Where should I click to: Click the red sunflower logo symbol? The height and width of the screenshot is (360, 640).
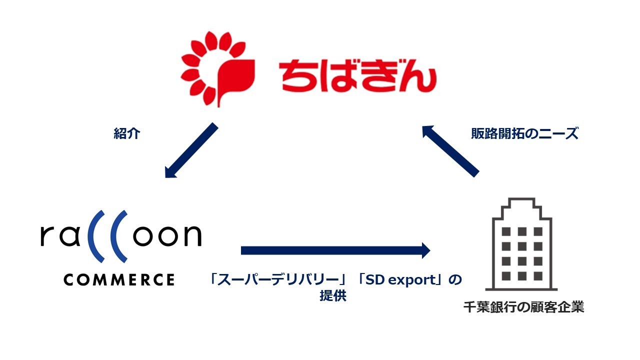tap(217, 69)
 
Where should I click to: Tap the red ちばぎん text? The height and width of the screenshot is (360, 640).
tap(357, 75)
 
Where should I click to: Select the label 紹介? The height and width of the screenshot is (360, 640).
tap(127, 133)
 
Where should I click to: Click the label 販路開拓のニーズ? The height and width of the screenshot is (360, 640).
tap(524, 133)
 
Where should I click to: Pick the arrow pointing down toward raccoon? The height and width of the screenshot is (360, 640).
tap(191, 150)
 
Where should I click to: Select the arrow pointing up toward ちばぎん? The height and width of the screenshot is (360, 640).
tap(450, 151)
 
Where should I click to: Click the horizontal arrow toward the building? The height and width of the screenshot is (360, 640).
tap(335, 250)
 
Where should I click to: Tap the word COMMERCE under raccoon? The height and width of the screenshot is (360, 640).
tap(119, 279)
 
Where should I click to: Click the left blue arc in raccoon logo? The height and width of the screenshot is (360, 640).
tap(93, 236)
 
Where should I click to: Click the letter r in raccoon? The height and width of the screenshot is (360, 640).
tap(46, 236)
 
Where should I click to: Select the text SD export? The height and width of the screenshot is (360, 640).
tap(400, 280)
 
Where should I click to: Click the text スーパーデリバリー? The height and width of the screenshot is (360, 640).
tap(278, 280)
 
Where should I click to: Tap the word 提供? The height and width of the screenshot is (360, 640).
tap(333, 296)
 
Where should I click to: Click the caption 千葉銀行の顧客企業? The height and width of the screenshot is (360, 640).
tap(523, 307)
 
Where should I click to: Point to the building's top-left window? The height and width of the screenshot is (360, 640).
tap(506, 231)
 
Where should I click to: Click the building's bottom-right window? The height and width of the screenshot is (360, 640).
tap(538, 276)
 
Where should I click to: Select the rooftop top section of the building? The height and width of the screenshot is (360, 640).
tap(521, 203)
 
